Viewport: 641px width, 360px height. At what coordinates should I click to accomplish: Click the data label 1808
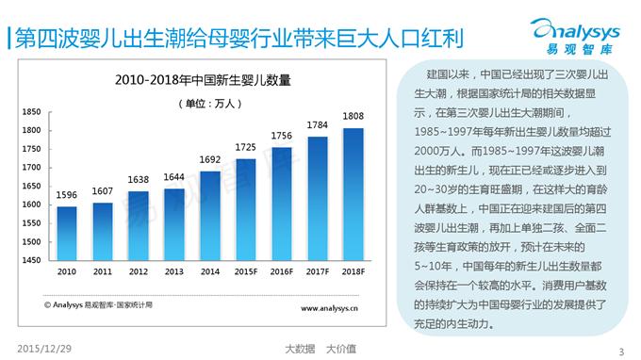(x=353, y=118)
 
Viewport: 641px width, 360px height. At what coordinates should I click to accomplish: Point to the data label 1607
(x=102, y=192)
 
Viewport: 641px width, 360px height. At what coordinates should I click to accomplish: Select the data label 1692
(x=210, y=160)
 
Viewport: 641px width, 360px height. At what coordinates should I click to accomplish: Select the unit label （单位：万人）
(x=210, y=102)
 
